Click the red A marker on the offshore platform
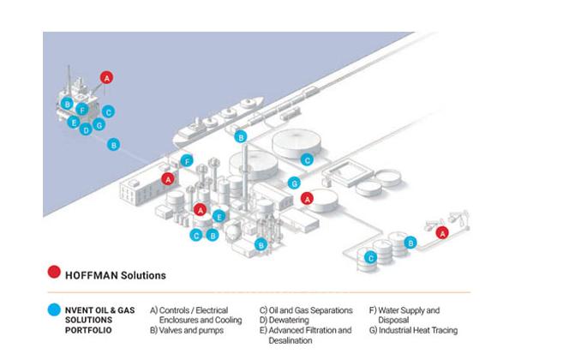pos(107,77)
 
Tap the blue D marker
pos(87,130)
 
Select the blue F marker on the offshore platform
pos(82,110)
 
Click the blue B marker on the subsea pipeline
pos(114,145)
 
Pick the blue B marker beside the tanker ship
pos(241,136)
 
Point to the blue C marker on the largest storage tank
pos(308,159)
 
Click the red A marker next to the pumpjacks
pos(442,232)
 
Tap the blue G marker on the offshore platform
pos(99,125)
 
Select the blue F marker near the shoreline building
pos(187,159)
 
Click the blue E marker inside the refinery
pos(220,216)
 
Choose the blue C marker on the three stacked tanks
pos(371,257)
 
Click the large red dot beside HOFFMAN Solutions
pos(54,275)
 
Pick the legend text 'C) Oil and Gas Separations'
pos(306,310)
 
